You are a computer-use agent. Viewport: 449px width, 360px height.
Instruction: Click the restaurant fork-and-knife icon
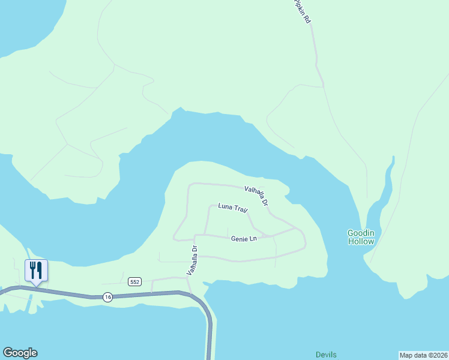[x=36, y=270]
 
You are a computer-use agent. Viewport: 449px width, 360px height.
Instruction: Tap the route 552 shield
[x=134, y=281]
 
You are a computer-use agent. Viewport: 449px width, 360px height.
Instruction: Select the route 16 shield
[x=107, y=296]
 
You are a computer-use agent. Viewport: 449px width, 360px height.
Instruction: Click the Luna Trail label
[x=233, y=208]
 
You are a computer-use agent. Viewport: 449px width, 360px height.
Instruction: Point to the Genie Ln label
[x=244, y=239]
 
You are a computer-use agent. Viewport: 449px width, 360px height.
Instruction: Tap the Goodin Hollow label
[x=361, y=237]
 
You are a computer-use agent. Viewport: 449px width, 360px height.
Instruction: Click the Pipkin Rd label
[x=303, y=11]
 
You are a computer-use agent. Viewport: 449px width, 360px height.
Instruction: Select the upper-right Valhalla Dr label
[x=256, y=197]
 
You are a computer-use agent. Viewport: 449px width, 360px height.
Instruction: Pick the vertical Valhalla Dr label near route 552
[x=191, y=260]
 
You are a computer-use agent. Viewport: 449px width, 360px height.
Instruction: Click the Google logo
[x=20, y=353]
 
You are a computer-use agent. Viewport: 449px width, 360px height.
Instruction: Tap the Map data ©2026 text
[x=423, y=355]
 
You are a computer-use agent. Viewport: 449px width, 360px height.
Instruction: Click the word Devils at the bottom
[x=327, y=355]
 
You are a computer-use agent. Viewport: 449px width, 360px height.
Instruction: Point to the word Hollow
[x=361, y=241]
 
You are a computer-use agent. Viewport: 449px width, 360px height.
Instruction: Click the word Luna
[x=225, y=207]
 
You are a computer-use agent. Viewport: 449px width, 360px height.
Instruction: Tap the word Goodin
[x=361, y=233]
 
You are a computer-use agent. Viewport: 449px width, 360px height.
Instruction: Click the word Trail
[x=240, y=209]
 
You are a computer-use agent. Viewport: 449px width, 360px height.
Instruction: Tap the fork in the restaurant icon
[x=32, y=269]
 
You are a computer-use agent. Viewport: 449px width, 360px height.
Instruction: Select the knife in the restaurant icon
[x=40, y=269]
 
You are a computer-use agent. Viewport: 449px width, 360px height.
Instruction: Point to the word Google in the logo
[x=20, y=353]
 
